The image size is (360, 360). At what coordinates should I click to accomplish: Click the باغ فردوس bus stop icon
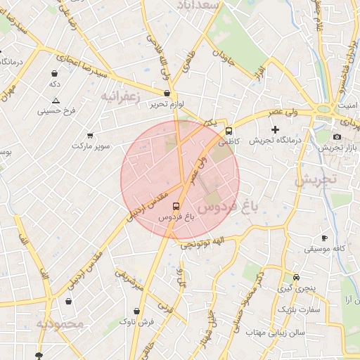click(x=175, y=206)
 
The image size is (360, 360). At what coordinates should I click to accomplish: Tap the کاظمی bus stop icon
click(x=229, y=131)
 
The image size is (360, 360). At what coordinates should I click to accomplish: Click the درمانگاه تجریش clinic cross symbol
click(x=275, y=129)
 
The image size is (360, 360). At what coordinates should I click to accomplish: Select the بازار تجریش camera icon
click(x=337, y=136)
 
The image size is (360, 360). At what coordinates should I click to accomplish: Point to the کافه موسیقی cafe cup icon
click(x=324, y=238)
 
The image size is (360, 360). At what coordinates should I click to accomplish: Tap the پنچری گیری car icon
click(x=297, y=277)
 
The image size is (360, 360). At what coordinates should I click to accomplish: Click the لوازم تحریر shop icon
click(x=167, y=93)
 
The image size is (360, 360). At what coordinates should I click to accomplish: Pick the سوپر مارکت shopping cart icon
click(x=90, y=135)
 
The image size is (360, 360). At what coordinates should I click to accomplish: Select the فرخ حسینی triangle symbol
click(x=56, y=100)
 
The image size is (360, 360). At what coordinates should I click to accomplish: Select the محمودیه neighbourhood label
click(x=60, y=324)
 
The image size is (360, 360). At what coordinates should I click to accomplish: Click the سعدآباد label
click(x=220, y=5)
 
